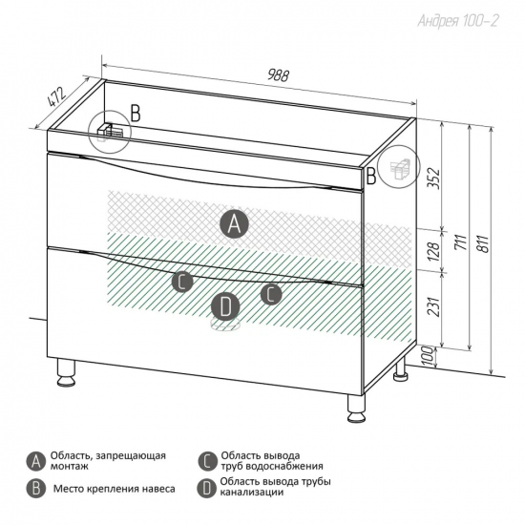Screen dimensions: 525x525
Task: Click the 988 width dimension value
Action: [x=278, y=75]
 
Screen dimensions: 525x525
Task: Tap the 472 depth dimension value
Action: [x=55, y=96]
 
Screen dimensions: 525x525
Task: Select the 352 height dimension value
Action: [x=435, y=178]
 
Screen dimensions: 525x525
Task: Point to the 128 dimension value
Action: [x=433, y=252]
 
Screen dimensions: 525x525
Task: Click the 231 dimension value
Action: [x=434, y=306]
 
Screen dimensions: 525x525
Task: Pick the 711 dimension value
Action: [x=461, y=242]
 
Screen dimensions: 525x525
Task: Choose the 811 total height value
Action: [x=483, y=243]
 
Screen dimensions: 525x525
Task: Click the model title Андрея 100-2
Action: [x=457, y=21]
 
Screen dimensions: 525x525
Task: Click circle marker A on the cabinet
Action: [x=234, y=224]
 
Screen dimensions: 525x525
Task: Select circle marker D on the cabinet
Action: [x=225, y=306]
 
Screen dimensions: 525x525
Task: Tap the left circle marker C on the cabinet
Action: [x=182, y=282]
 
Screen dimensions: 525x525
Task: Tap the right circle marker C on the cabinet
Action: [x=271, y=294]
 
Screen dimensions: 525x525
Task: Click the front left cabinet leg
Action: [x=66, y=372]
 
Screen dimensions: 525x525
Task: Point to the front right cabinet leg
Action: [x=356, y=409]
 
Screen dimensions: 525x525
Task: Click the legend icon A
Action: [x=36, y=462]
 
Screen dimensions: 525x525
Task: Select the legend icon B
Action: [x=36, y=489]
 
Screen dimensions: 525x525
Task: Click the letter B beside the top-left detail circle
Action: [x=136, y=114]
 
